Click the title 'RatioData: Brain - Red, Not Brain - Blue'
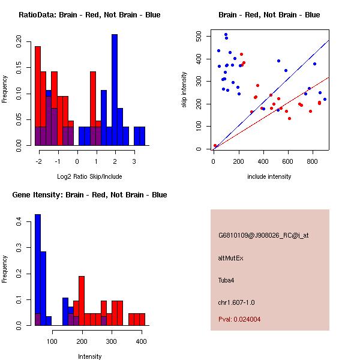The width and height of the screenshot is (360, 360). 89,15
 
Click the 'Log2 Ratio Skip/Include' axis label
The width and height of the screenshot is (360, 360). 89,176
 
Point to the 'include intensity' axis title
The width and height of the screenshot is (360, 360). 269,176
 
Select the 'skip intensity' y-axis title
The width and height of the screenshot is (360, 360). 184,90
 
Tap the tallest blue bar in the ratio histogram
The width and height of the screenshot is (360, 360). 114,90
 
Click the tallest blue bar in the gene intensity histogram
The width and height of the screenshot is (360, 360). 37,270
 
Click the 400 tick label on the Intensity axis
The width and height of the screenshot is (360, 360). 140,341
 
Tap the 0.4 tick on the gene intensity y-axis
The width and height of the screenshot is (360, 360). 19,222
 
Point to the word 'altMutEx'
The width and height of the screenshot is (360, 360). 231,258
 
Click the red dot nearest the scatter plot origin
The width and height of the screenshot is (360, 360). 215,146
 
